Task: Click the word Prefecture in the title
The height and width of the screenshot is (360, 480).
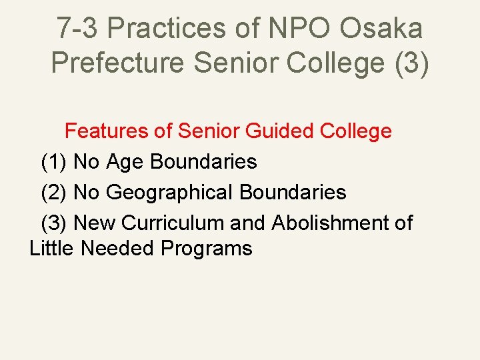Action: (x=118, y=63)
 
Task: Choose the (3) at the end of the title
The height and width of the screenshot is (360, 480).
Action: (x=407, y=63)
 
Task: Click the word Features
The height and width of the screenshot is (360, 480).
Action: (x=107, y=131)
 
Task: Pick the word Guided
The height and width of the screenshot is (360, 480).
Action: (x=280, y=131)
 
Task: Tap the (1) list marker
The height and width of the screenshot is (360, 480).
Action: (x=54, y=161)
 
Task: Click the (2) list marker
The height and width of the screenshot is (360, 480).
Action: (x=54, y=193)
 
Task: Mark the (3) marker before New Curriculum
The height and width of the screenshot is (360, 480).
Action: (x=54, y=223)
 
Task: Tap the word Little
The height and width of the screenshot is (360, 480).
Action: (x=52, y=248)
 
